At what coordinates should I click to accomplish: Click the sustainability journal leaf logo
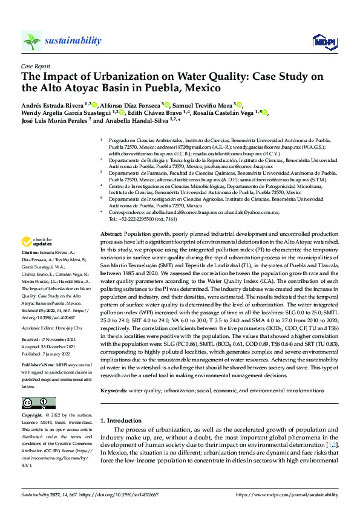click(31, 41)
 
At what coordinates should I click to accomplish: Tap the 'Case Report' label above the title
click(34, 66)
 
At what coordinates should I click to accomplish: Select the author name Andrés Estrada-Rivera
click(53, 104)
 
